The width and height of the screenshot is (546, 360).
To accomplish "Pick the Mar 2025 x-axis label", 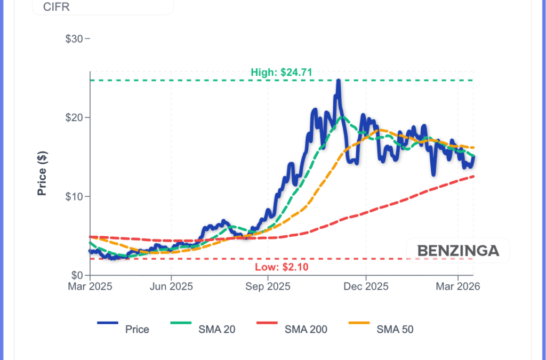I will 90,286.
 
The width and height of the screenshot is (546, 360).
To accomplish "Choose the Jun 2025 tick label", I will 171,286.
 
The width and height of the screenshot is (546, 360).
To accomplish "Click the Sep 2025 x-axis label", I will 268,286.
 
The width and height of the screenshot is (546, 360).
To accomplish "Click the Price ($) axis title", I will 42,173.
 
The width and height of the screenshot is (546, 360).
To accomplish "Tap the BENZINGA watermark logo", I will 458,250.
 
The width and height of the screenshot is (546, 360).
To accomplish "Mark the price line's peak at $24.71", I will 338,81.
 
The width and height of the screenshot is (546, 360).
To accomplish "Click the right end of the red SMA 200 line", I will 473,176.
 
